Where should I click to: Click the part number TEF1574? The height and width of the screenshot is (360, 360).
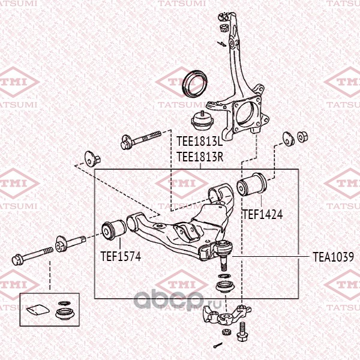[120, 256]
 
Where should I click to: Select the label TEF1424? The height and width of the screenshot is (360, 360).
[262, 213]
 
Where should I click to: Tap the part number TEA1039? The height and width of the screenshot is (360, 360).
[333, 256]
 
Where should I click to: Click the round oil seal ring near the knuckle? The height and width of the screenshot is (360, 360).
[194, 83]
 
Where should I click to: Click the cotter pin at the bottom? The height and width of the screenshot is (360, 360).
[216, 345]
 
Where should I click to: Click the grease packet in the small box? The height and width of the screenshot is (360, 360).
[37, 311]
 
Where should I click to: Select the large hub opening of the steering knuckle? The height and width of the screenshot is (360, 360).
[245, 113]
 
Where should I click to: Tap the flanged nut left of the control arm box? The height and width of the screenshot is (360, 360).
[92, 159]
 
